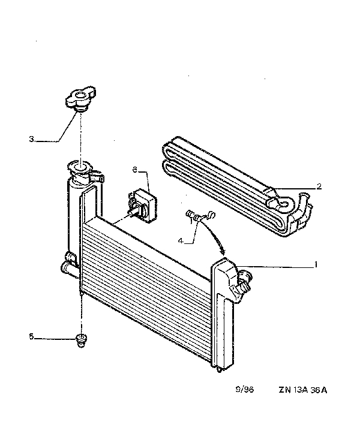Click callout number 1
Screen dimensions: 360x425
pos(316,264)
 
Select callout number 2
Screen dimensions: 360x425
pos(319,186)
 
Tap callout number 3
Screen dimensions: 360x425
pos(31,139)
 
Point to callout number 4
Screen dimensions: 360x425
pos(181,240)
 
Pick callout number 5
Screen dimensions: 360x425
pos(31,336)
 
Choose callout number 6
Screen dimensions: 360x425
pos(135,170)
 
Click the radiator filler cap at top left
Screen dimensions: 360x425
pos(80,99)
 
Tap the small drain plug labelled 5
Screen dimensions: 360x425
pos(80,340)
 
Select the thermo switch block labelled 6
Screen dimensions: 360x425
pos(143,205)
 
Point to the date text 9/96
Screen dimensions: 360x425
pos(244,390)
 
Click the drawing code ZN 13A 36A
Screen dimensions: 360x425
pos(302,390)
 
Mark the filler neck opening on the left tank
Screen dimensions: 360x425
pos(80,167)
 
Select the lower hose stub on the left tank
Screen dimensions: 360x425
pos(68,269)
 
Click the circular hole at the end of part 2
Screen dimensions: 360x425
pos(284,203)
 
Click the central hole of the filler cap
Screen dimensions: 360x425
pos(80,95)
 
